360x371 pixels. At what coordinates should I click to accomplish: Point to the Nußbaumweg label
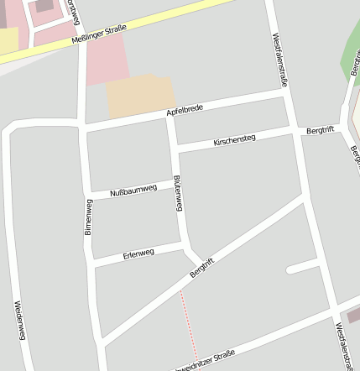click(135, 191)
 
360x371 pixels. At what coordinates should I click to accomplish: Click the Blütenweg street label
click(177, 195)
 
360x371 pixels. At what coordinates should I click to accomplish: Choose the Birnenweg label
click(88, 217)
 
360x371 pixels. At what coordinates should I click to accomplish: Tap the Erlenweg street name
click(138, 253)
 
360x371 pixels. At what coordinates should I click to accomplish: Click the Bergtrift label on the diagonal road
click(202, 268)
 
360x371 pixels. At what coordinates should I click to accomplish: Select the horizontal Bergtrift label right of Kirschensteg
click(320, 131)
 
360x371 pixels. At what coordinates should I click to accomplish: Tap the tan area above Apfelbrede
click(140, 96)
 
